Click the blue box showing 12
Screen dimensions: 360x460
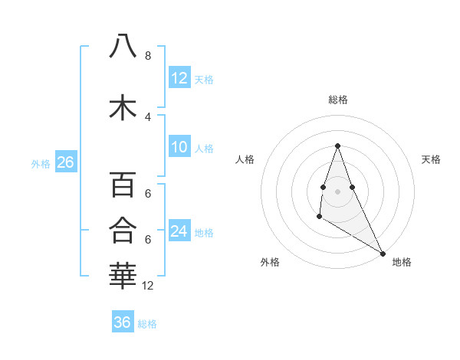[x=179, y=78]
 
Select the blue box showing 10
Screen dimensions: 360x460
[x=179, y=147]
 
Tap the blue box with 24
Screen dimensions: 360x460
[x=179, y=231]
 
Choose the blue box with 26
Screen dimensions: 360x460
[x=65, y=162]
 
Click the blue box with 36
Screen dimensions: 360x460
[x=123, y=322]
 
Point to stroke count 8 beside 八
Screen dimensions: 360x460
[x=147, y=56]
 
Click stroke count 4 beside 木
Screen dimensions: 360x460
[x=147, y=116]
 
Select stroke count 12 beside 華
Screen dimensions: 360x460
[x=148, y=286]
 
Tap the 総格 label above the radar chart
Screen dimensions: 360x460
[x=338, y=100]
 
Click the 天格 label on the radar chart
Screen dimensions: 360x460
[x=431, y=159]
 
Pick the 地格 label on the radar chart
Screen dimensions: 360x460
[x=402, y=262]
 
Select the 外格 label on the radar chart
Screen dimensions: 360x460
[x=270, y=262]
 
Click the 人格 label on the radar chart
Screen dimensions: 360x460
[x=245, y=159]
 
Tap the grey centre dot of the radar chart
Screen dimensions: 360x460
[x=338, y=191]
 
